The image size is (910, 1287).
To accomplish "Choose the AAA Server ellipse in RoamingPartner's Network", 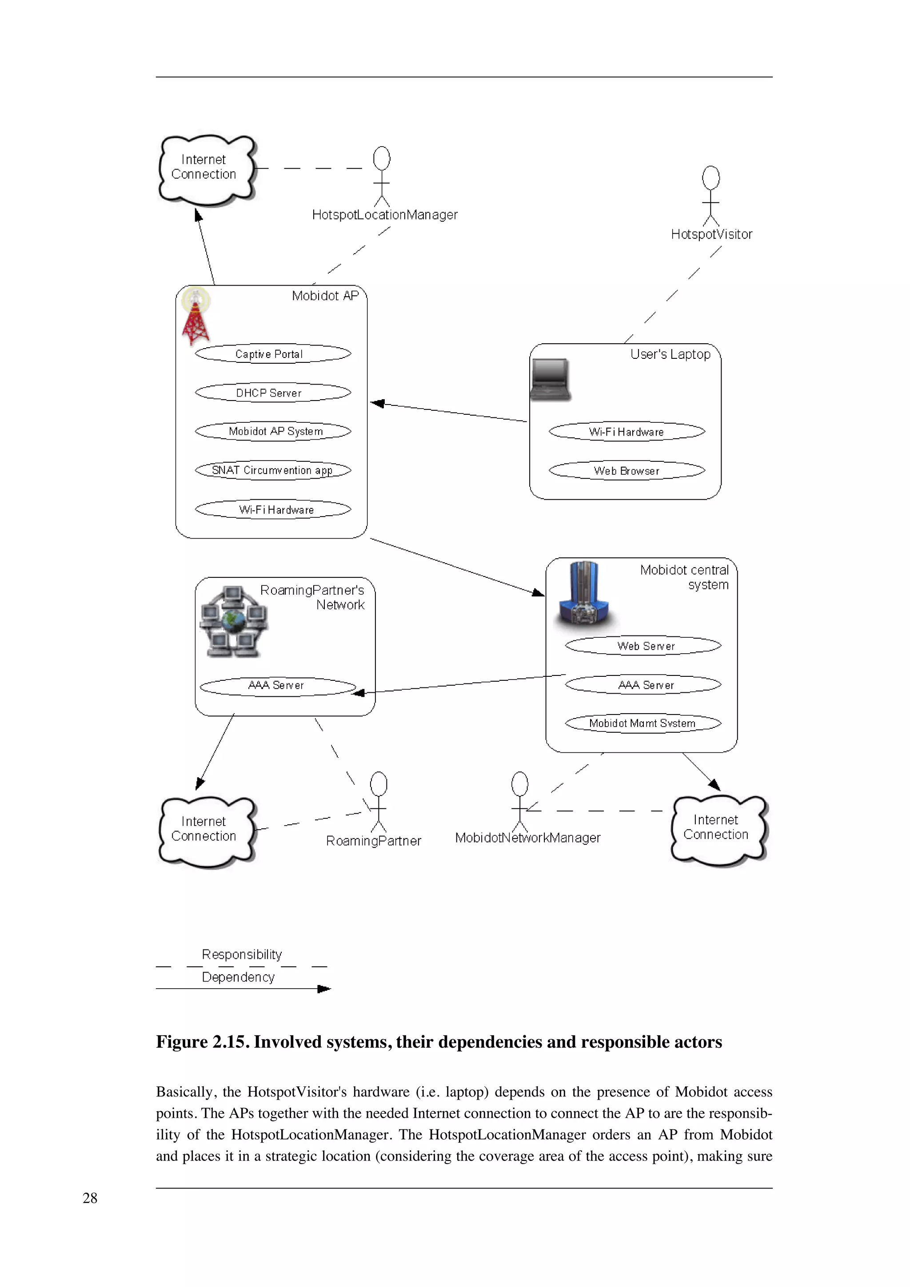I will click(278, 686).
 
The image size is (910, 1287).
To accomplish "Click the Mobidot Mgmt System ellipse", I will click(643, 723).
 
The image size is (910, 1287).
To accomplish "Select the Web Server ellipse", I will click(643, 646).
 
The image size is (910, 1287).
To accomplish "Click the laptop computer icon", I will click(550, 380).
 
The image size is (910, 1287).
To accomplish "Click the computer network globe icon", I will click(234, 622).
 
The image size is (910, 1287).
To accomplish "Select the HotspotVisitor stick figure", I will click(710, 196).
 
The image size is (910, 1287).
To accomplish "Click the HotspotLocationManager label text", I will click(385, 214).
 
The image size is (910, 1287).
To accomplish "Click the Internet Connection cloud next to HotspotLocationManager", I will click(206, 169).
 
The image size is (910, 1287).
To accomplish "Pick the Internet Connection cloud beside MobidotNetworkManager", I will click(718, 829).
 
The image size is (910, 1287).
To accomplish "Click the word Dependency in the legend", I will click(238, 977).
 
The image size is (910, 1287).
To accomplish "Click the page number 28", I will click(90, 1199).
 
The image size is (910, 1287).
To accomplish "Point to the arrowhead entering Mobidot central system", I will click(538, 592).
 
